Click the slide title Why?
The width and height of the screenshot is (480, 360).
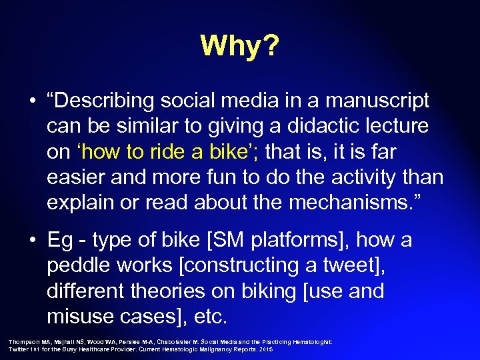[240, 45]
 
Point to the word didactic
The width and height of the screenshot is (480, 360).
[293, 127]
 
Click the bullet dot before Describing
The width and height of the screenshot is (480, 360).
[31, 102]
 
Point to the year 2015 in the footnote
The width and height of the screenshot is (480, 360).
[266, 349]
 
